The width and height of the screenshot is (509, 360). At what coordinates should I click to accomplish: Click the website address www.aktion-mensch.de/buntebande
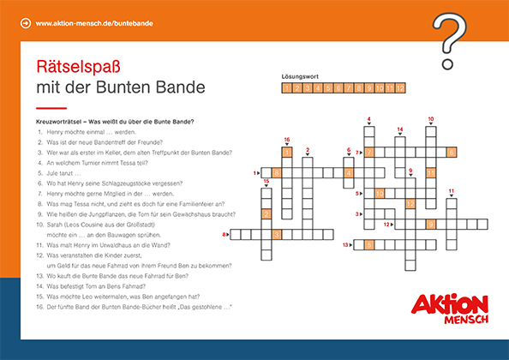pos(94,23)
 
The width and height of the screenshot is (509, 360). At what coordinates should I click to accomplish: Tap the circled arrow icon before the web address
pos(25,23)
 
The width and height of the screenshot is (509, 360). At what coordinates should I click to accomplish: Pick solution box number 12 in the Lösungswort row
pos(399,88)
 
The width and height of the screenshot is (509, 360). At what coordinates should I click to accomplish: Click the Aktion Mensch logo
pos(450,308)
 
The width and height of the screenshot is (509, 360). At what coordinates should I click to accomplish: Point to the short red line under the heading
pos(51,109)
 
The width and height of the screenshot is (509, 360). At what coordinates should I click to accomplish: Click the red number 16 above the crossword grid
pos(287,140)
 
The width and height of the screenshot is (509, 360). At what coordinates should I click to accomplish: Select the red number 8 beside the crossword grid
pos(225,233)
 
